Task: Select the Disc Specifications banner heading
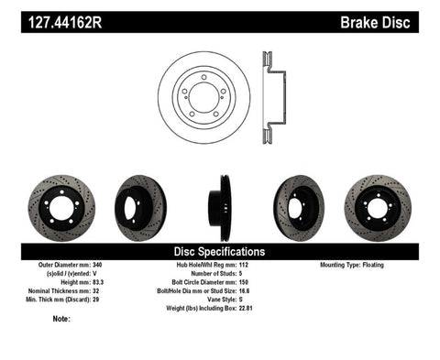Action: [x=220, y=251]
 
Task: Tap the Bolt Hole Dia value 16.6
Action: [x=268, y=290]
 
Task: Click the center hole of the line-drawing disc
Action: [x=203, y=98]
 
